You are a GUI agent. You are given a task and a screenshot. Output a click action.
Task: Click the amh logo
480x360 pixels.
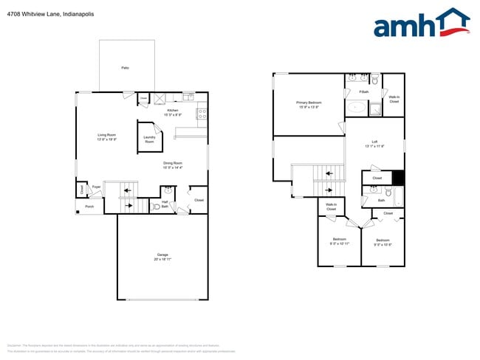tap(422, 24)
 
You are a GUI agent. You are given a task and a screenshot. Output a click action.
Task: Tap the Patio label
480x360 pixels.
tap(126, 68)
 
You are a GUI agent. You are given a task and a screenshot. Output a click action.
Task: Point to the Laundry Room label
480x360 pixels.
tap(149, 138)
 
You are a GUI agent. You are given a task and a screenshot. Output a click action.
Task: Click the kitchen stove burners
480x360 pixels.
tap(202, 114)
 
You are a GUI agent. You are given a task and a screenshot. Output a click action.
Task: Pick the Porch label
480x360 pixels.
tap(89, 207)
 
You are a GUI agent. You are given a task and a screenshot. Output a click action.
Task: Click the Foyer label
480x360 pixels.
tap(96, 187)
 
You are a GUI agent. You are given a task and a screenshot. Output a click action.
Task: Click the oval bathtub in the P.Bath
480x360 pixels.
tap(357, 108)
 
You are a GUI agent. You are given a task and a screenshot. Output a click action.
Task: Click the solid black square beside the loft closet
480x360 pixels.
tap(399, 178)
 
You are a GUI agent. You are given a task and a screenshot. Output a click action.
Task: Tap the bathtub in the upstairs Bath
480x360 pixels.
tap(399, 197)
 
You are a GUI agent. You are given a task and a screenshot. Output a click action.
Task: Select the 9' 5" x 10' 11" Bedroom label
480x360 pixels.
tap(340, 241)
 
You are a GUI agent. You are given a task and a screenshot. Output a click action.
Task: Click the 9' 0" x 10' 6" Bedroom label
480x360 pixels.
tap(383, 242)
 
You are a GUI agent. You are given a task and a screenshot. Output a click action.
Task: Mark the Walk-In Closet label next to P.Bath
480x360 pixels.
tap(394, 99)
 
